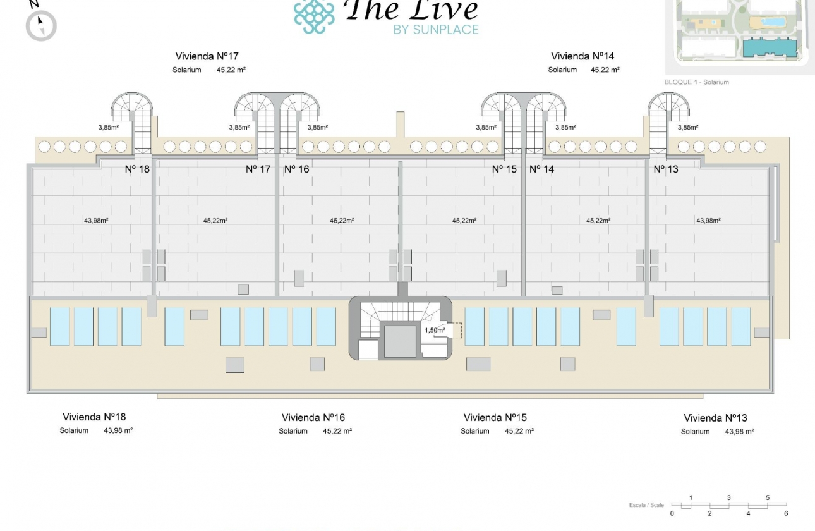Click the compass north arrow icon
(41, 26)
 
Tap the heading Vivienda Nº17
(207, 57)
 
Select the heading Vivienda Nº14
(583, 56)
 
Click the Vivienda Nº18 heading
(94, 417)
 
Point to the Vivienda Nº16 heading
(313, 418)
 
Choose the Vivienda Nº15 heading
(495, 418)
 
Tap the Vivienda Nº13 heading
(715, 418)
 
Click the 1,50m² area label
(434, 330)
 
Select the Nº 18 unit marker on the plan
(137, 169)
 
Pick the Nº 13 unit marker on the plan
(666, 169)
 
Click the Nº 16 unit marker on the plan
(296, 169)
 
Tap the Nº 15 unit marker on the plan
(504, 169)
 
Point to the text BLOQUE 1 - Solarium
(697, 82)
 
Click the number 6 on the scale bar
(786, 513)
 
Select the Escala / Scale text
(646, 505)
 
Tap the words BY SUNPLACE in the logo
(436, 29)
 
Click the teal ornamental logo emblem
(314, 16)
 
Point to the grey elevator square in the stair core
(400, 341)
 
